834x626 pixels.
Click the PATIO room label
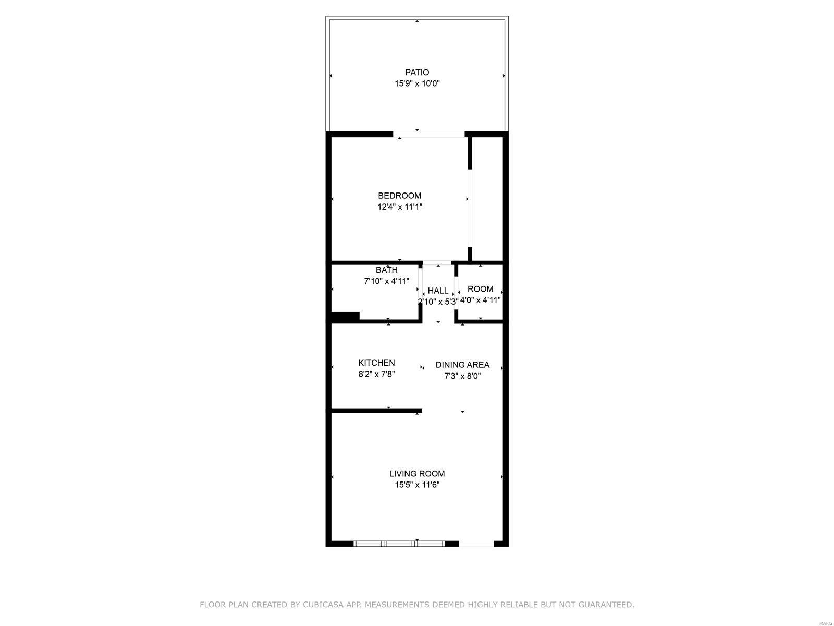(x=417, y=72)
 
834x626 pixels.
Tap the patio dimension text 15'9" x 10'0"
(x=417, y=83)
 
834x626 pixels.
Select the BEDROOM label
(x=399, y=196)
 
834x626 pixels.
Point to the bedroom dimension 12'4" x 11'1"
(x=400, y=207)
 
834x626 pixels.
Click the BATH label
(x=386, y=270)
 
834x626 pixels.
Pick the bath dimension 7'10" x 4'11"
(x=386, y=281)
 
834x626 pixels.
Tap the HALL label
(x=438, y=291)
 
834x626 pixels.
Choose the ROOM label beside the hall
(x=480, y=289)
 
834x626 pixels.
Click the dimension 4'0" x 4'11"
(x=480, y=300)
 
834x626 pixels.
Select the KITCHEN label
(x=376, y=363)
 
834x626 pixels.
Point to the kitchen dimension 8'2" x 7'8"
(x=376, y=375)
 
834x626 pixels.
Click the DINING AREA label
(x=462, y=365)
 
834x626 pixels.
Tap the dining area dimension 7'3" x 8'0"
(x=462, y=376)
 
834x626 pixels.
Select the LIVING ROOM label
(x=417, y=474)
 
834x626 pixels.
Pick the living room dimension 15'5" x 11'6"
(x=417, y=485)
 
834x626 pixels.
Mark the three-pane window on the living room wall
(x=399, y=544)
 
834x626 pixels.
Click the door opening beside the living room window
(x=476, y=544)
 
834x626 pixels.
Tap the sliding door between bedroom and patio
(x=428, y=134)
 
